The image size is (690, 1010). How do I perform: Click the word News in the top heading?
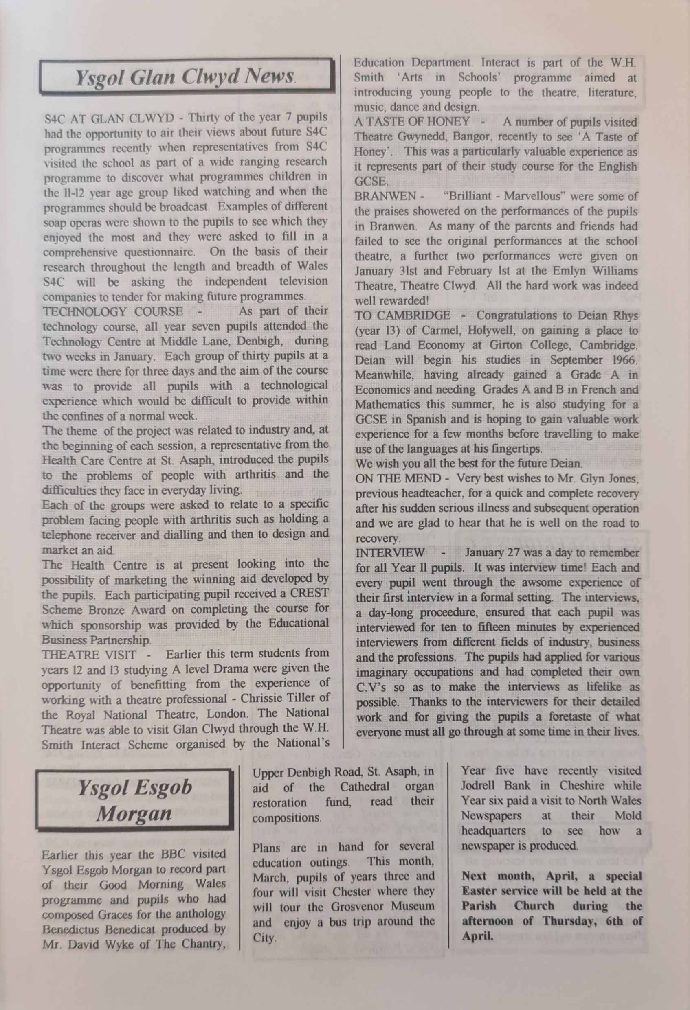[270, 77]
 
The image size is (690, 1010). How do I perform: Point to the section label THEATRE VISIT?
[89, 654]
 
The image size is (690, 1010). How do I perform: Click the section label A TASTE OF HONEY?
[412, 122]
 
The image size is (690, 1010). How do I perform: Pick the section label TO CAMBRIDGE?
[402, 315]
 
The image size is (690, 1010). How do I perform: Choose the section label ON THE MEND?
[398, 478]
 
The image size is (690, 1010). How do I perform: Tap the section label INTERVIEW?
[389, 552]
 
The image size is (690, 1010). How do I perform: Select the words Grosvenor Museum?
[382, 906]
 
